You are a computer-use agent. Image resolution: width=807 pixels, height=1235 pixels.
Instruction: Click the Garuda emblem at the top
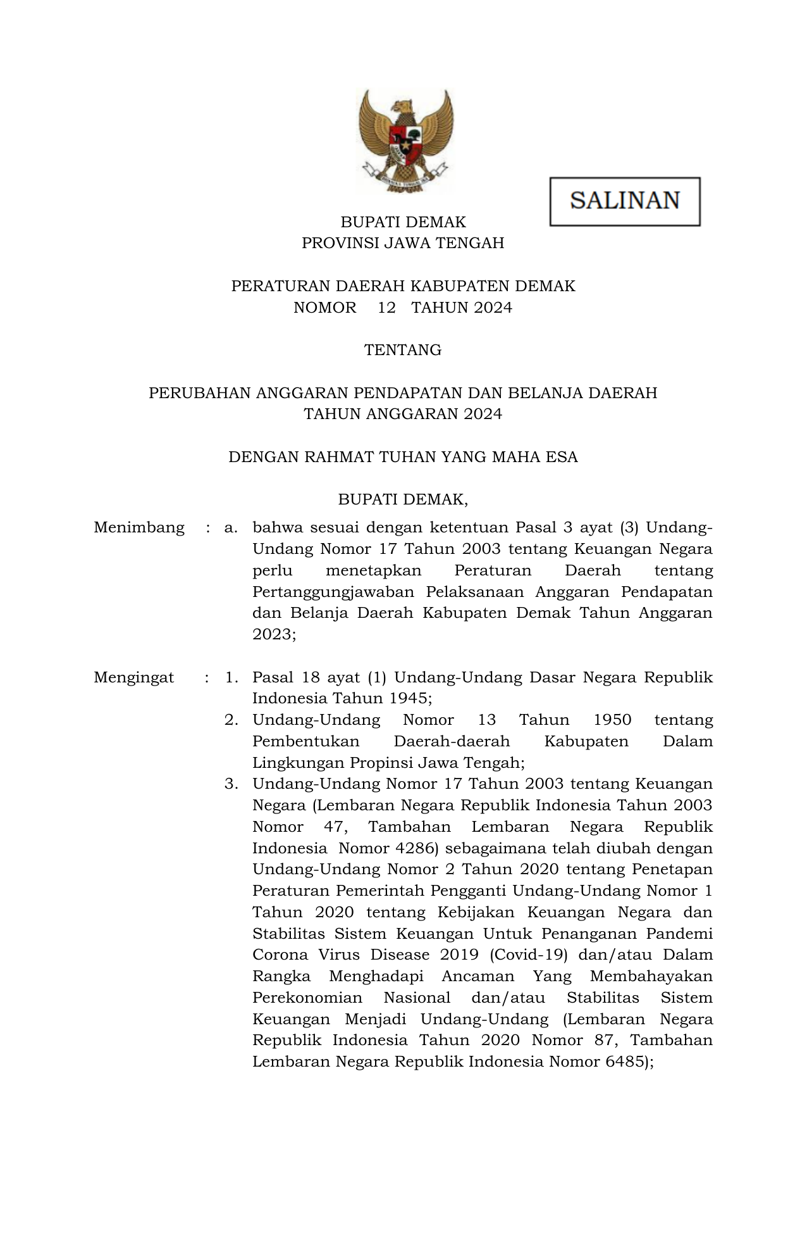[x=405, y=141]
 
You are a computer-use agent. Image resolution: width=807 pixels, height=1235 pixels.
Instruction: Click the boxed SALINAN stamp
[x=625, y=201]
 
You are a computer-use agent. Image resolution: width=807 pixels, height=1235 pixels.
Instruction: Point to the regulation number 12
[x=386, y=308]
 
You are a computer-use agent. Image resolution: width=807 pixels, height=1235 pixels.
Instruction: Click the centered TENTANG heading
[x=403, y=350]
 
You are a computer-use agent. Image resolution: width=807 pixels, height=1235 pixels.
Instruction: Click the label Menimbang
[x=139, y=527]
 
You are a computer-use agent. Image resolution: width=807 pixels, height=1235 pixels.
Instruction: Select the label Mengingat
[x=134, y=677]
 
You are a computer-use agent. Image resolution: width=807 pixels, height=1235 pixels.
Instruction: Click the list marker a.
[x=230, y=527]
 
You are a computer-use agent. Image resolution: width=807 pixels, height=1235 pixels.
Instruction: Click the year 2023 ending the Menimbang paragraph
[x=271, y=634]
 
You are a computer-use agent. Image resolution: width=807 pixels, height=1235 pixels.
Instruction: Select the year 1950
[x=612, y=720]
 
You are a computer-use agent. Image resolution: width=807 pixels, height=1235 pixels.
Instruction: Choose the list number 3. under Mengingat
[x=231, y=784]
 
